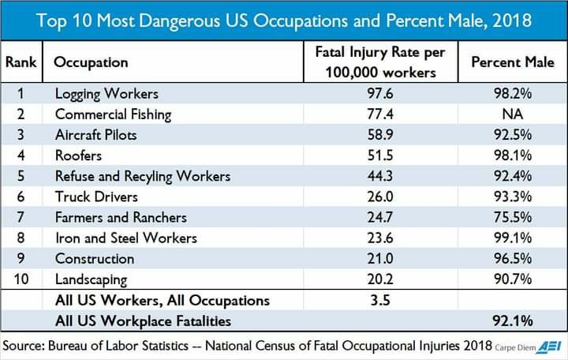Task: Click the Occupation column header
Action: [91, 62]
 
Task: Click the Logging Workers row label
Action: [106, 94]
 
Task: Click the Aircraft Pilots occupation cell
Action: [95, 135]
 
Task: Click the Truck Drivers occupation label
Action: [96, 197]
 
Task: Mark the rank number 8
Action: [21, 238]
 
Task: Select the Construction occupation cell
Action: [95, 258]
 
